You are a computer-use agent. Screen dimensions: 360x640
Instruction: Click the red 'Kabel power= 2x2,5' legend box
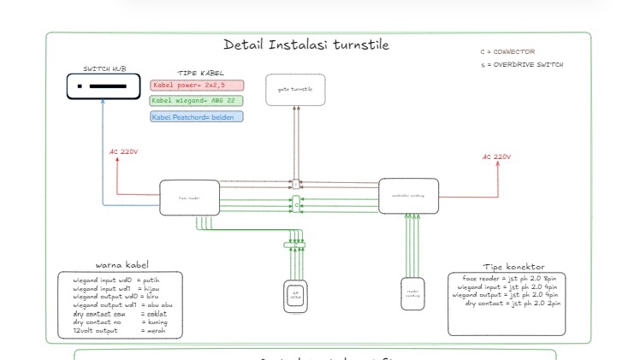click(197, 86)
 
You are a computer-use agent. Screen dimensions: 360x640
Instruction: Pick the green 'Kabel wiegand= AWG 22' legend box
click(197, 101)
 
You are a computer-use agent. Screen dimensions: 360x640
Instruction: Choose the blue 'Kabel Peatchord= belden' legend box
click(196, 116)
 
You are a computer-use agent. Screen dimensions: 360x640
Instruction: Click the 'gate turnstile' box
click(295, 90)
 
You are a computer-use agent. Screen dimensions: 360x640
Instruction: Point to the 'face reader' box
click(189, 198)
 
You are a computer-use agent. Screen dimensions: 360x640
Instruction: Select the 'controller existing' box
click(408, 196)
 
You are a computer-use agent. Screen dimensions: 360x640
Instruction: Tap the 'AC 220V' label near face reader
click(124, 152)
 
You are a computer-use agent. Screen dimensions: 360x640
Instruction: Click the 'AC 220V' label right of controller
click(496, 156)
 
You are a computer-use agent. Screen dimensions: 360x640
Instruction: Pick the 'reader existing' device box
click(413, 292)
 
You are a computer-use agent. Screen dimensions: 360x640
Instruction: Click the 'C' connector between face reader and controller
click(296, 205)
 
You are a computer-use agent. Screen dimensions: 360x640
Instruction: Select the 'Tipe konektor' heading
click(513, 267)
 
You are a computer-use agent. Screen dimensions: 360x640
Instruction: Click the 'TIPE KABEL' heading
click(200, 74)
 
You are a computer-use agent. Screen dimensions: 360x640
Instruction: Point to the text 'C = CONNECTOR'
click(507, 52)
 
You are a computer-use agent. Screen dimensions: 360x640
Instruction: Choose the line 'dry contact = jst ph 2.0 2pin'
click(511, 304)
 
